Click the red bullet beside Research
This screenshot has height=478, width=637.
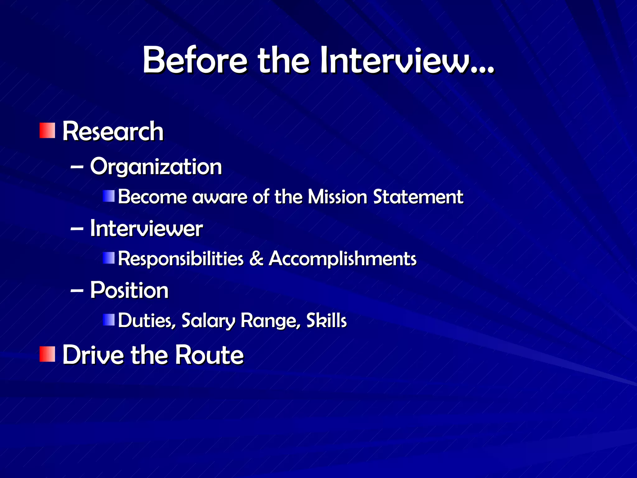point(47,130)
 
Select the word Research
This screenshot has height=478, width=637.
point(113,131)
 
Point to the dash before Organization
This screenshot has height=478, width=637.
point(77,167)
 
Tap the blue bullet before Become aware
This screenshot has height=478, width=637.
point(109,196)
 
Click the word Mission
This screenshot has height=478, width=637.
point(337,197)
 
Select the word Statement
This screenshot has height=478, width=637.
point(418,197)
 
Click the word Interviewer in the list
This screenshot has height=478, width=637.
point(146,229)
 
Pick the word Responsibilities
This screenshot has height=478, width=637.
point(180,259)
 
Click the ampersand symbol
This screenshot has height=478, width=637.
point(256,259)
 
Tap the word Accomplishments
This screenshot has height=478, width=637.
point(342,259)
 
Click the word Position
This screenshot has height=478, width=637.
point(129,290)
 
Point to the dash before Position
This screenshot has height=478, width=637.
point(77,291)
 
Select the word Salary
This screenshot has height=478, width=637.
point(208,321)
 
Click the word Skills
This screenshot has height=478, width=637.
point(326,320)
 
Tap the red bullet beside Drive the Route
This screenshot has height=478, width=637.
point(47,354)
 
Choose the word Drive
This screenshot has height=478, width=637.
point(93,355)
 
